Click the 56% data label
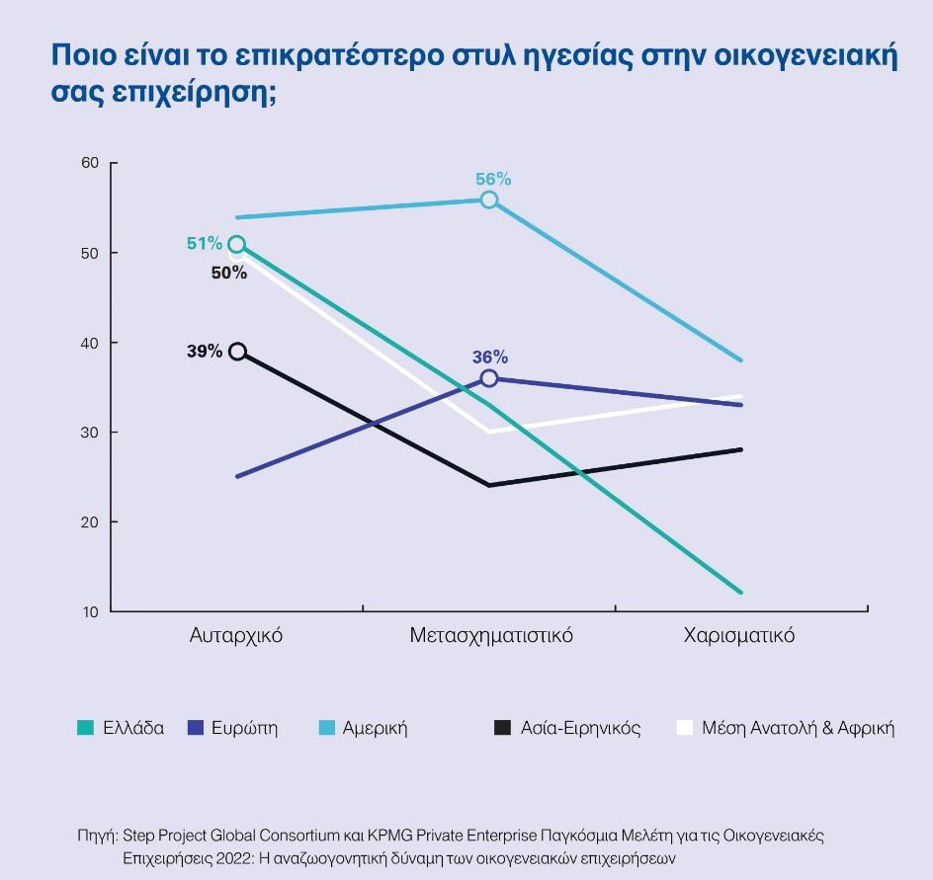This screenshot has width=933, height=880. coord(493,179)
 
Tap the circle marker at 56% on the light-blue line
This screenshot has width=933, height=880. coord(489,200)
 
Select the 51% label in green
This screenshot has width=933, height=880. coord(205,243)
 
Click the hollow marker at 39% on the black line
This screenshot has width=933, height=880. coord(237,352)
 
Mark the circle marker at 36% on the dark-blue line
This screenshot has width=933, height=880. coord(489,378)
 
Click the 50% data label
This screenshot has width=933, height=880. coord(229,273)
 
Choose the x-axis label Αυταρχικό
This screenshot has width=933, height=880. coord(236,635)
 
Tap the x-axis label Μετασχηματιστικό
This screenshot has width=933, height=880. coord(491,635)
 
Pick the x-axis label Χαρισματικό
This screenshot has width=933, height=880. coord(739,635)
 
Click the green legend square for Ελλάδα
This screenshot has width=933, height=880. coord(85,729)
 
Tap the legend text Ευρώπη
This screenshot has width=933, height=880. coord(244,729)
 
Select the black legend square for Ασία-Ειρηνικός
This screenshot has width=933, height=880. coord(502,729)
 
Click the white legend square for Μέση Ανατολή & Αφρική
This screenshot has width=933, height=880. coord(683,729)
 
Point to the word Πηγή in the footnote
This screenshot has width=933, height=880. coord(97,836)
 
